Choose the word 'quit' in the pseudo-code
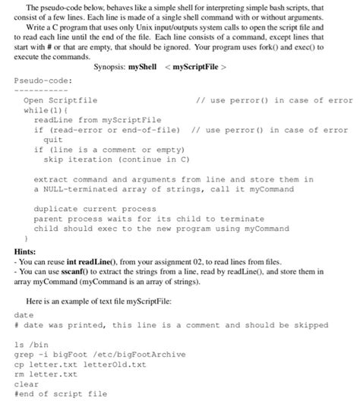pos(53,140)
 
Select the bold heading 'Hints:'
pos(24,248)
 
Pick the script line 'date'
pos(24,314)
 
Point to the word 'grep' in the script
pos(24,354)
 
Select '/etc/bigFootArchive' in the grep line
pos(150,354)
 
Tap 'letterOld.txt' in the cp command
pos(101,364)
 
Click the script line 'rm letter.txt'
pos(46,374)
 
